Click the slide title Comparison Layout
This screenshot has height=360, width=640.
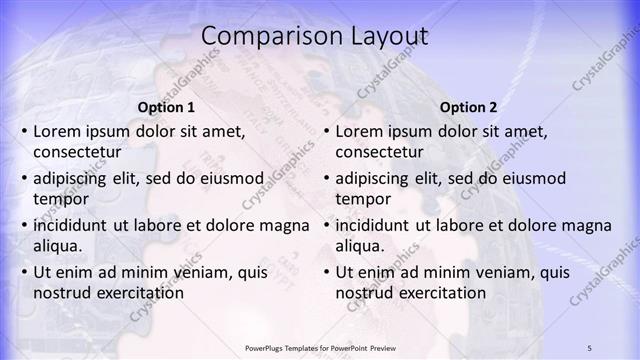click(314, 37)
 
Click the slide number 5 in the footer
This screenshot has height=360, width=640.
click(590, 347)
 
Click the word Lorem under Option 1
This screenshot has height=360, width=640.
click(57, 131)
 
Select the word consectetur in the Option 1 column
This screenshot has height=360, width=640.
click(77, 152)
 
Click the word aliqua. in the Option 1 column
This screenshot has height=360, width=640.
click(59, 245)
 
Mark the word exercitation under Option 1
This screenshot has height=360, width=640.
click(140, 292)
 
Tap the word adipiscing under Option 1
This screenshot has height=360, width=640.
click(72, 178)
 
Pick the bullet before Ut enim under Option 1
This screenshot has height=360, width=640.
click(24, 272)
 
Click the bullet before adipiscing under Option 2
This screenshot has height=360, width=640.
click(326, 179)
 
